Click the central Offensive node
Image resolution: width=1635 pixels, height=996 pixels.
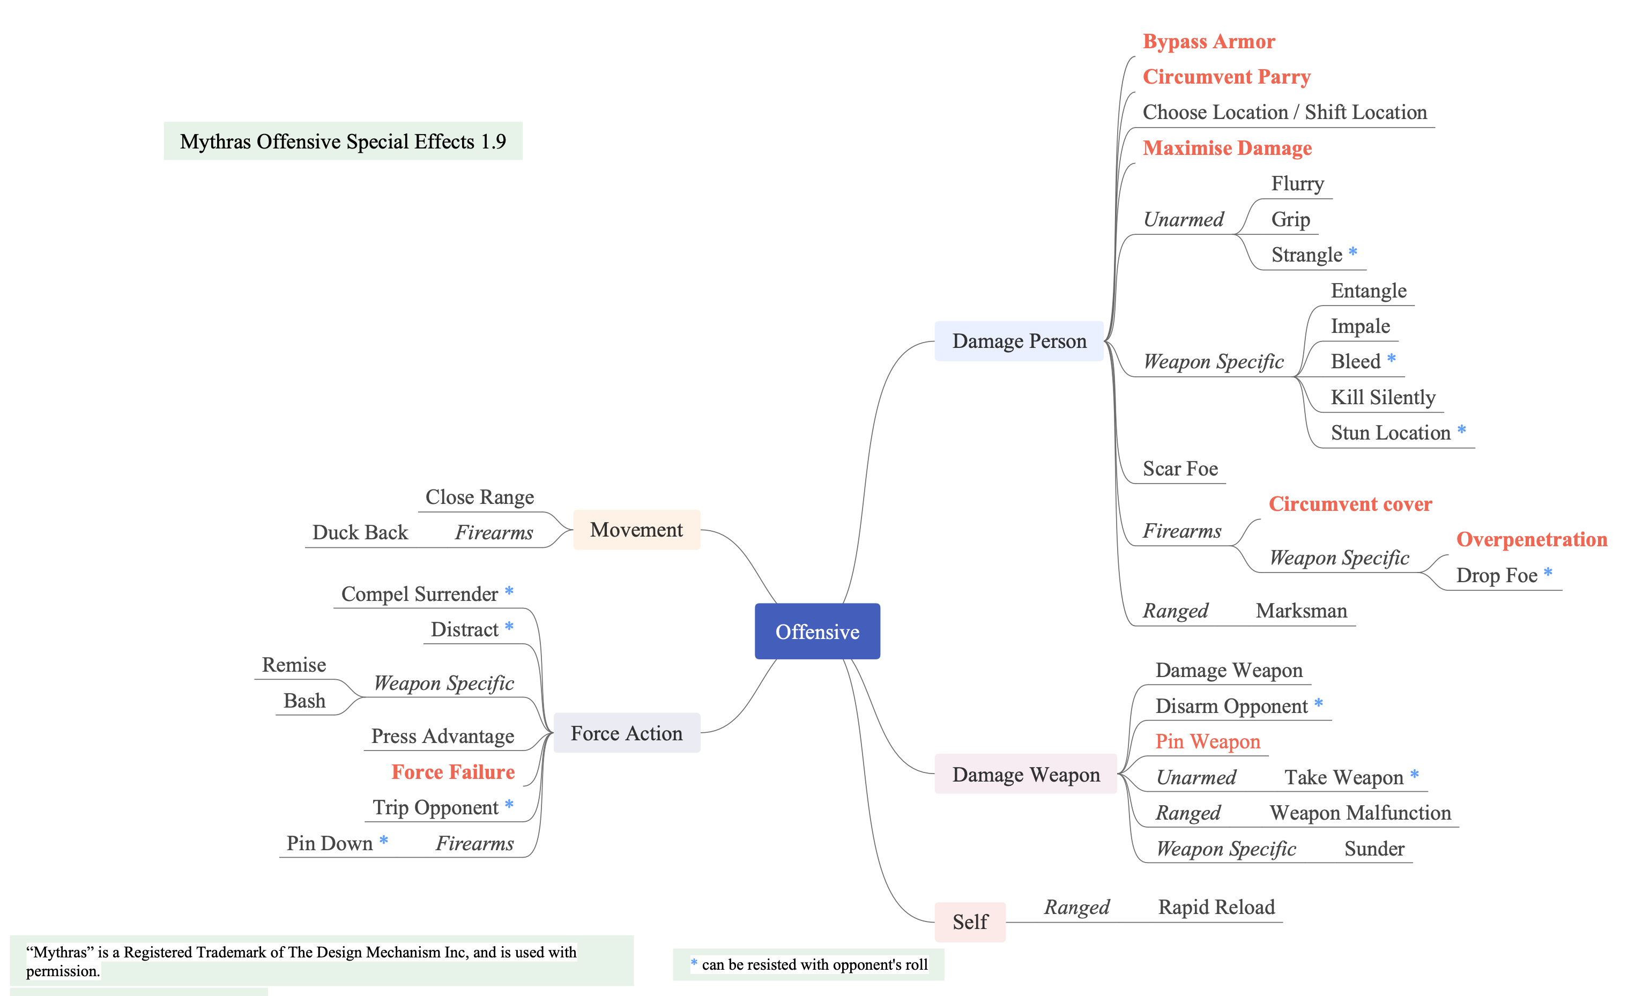[x=817, y=631]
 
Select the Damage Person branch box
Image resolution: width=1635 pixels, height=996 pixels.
[x=1019, y=341]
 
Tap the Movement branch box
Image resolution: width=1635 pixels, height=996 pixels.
[x=636, y=530]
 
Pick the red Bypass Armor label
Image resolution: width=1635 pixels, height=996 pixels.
[x=1208, y=41]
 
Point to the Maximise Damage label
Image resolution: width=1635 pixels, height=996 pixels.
[x=1227, y=147]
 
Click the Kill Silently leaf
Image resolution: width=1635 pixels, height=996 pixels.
[x=1383, y=397]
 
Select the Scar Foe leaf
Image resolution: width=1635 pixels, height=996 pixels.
[x=1180, y=469]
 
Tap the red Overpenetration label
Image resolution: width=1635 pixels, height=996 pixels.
[x=1532, y=539]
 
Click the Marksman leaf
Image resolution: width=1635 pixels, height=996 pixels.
[x=1301, y=611]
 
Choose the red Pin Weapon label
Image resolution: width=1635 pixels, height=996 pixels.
[x=1208, y=741]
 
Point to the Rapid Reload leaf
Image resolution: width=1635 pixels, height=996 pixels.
[x=1216, y=906]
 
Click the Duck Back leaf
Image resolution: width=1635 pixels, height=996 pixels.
[x=360, y=532]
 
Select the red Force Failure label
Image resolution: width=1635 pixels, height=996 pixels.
[x=452, y=772]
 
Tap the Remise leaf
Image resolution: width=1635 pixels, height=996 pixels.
[x=293, y=664]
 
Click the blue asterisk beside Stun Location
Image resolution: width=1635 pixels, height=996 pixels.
[x=1461, y=430]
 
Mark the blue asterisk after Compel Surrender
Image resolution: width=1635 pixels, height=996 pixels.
[x=509, y=591]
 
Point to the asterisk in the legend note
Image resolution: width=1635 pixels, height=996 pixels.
[x=694, y=962]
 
